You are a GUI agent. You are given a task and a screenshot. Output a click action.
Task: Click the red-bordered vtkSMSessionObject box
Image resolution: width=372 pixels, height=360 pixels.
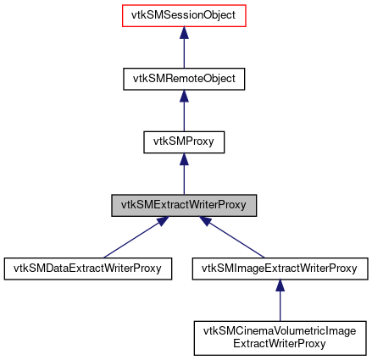(x=184, y=15)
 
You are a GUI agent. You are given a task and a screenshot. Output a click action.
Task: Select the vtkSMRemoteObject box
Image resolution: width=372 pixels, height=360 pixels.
(x=184, y=79)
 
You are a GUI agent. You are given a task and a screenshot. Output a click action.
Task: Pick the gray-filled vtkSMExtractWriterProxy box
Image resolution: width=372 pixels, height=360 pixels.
(x=184, y=206)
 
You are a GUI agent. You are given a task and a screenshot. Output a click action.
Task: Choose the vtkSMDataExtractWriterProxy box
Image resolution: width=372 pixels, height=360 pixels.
(x=88, y=269)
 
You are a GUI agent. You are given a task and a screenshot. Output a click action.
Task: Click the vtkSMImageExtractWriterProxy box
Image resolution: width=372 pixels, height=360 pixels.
(x=279, y=269)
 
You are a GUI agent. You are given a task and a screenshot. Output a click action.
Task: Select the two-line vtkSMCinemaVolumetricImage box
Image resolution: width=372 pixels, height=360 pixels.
(x=279, y=337)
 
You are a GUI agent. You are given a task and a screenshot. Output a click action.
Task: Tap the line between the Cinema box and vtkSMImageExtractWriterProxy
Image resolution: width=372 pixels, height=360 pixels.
(x=279, y=305)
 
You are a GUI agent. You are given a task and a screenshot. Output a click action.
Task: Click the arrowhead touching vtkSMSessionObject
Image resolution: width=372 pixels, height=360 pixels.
(x=184, y=32)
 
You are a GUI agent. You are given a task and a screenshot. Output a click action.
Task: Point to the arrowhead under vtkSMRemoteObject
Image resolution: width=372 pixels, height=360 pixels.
(x=184, y=96)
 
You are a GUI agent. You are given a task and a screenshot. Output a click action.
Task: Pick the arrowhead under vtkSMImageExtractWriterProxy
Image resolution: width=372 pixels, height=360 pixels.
(x=279, y=287)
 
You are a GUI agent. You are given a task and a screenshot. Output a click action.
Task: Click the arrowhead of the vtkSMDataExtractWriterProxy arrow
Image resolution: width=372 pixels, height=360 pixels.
(x=161, y=222)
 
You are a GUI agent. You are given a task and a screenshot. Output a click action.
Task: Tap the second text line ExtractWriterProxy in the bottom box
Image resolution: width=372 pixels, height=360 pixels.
(x=279, y=343)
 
